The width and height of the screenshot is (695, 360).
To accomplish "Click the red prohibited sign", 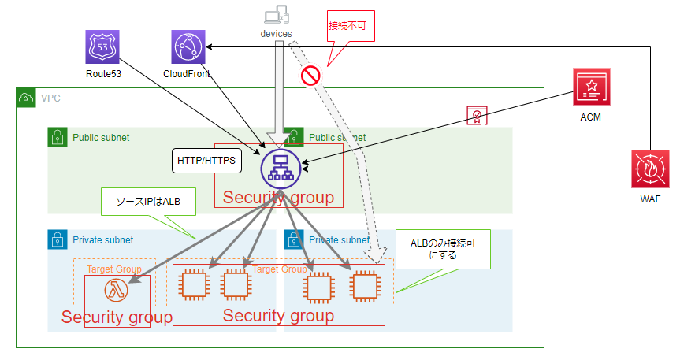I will [310, 76].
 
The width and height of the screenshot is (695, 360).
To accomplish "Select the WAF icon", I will [651, 169].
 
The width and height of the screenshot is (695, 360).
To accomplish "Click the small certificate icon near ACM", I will [476, 117].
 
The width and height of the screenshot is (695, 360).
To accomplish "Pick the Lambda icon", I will [116, 291].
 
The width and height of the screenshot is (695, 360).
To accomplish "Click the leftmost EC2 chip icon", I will [194, 284].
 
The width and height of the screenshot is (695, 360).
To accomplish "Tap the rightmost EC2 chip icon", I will [363, 284].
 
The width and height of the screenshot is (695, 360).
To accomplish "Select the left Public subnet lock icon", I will [58, 137].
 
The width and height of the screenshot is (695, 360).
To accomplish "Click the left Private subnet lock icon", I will [58, 239].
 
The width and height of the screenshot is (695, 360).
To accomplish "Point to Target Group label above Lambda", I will [114, 269].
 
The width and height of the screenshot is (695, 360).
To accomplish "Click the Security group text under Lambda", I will [117, 317].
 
